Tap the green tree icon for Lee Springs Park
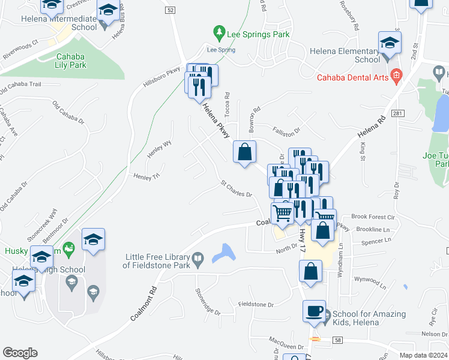[220, 31]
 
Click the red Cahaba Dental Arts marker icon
[396, 76]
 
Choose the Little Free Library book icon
[198, 259]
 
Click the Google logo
[20, 353]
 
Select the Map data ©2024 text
[423, 355]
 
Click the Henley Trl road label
[146, 176]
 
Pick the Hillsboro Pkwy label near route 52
[162, 77]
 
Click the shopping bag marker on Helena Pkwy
[244, 152]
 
